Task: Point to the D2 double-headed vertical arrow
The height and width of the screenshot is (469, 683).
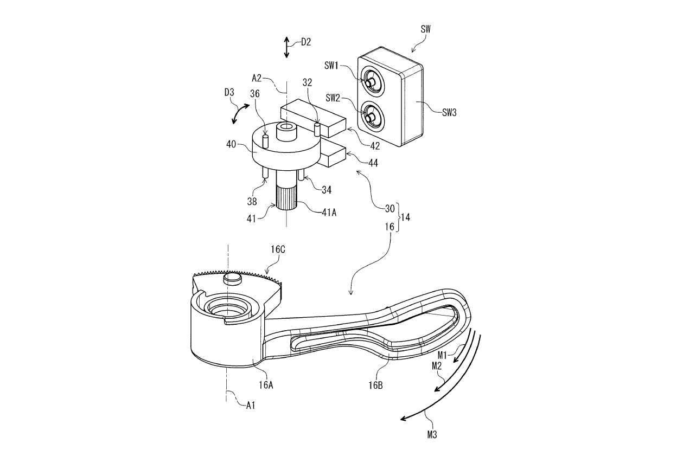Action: [287, 48]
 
